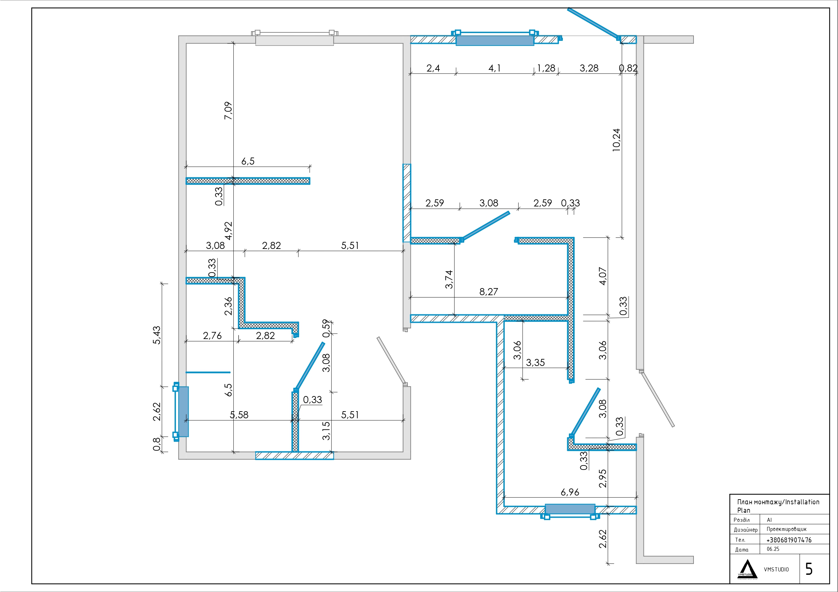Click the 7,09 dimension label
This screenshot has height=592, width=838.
point(228,111)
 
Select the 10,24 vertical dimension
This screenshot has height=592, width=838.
point(616,140)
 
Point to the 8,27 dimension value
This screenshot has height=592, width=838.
point(488,292)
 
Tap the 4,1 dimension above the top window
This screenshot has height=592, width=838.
point(495,68)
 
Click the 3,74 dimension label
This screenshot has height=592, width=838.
point(449,279)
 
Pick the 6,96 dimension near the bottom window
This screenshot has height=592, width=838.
point(570,492)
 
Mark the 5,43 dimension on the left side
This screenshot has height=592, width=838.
point(157,335)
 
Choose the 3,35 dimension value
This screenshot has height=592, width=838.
point(535,363)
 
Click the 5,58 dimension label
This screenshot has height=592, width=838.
point(239,415)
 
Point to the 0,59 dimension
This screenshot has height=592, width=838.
point(326,329)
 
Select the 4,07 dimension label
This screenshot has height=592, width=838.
point(603,276)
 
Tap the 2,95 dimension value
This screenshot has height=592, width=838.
point(603,479)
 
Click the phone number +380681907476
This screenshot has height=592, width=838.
point(789,540)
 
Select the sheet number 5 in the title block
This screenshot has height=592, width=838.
point(809,569)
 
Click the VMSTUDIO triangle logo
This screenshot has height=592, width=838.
point(748,569)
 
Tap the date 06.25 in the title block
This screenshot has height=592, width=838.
point(773,549)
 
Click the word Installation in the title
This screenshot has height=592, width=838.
point(802,502)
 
